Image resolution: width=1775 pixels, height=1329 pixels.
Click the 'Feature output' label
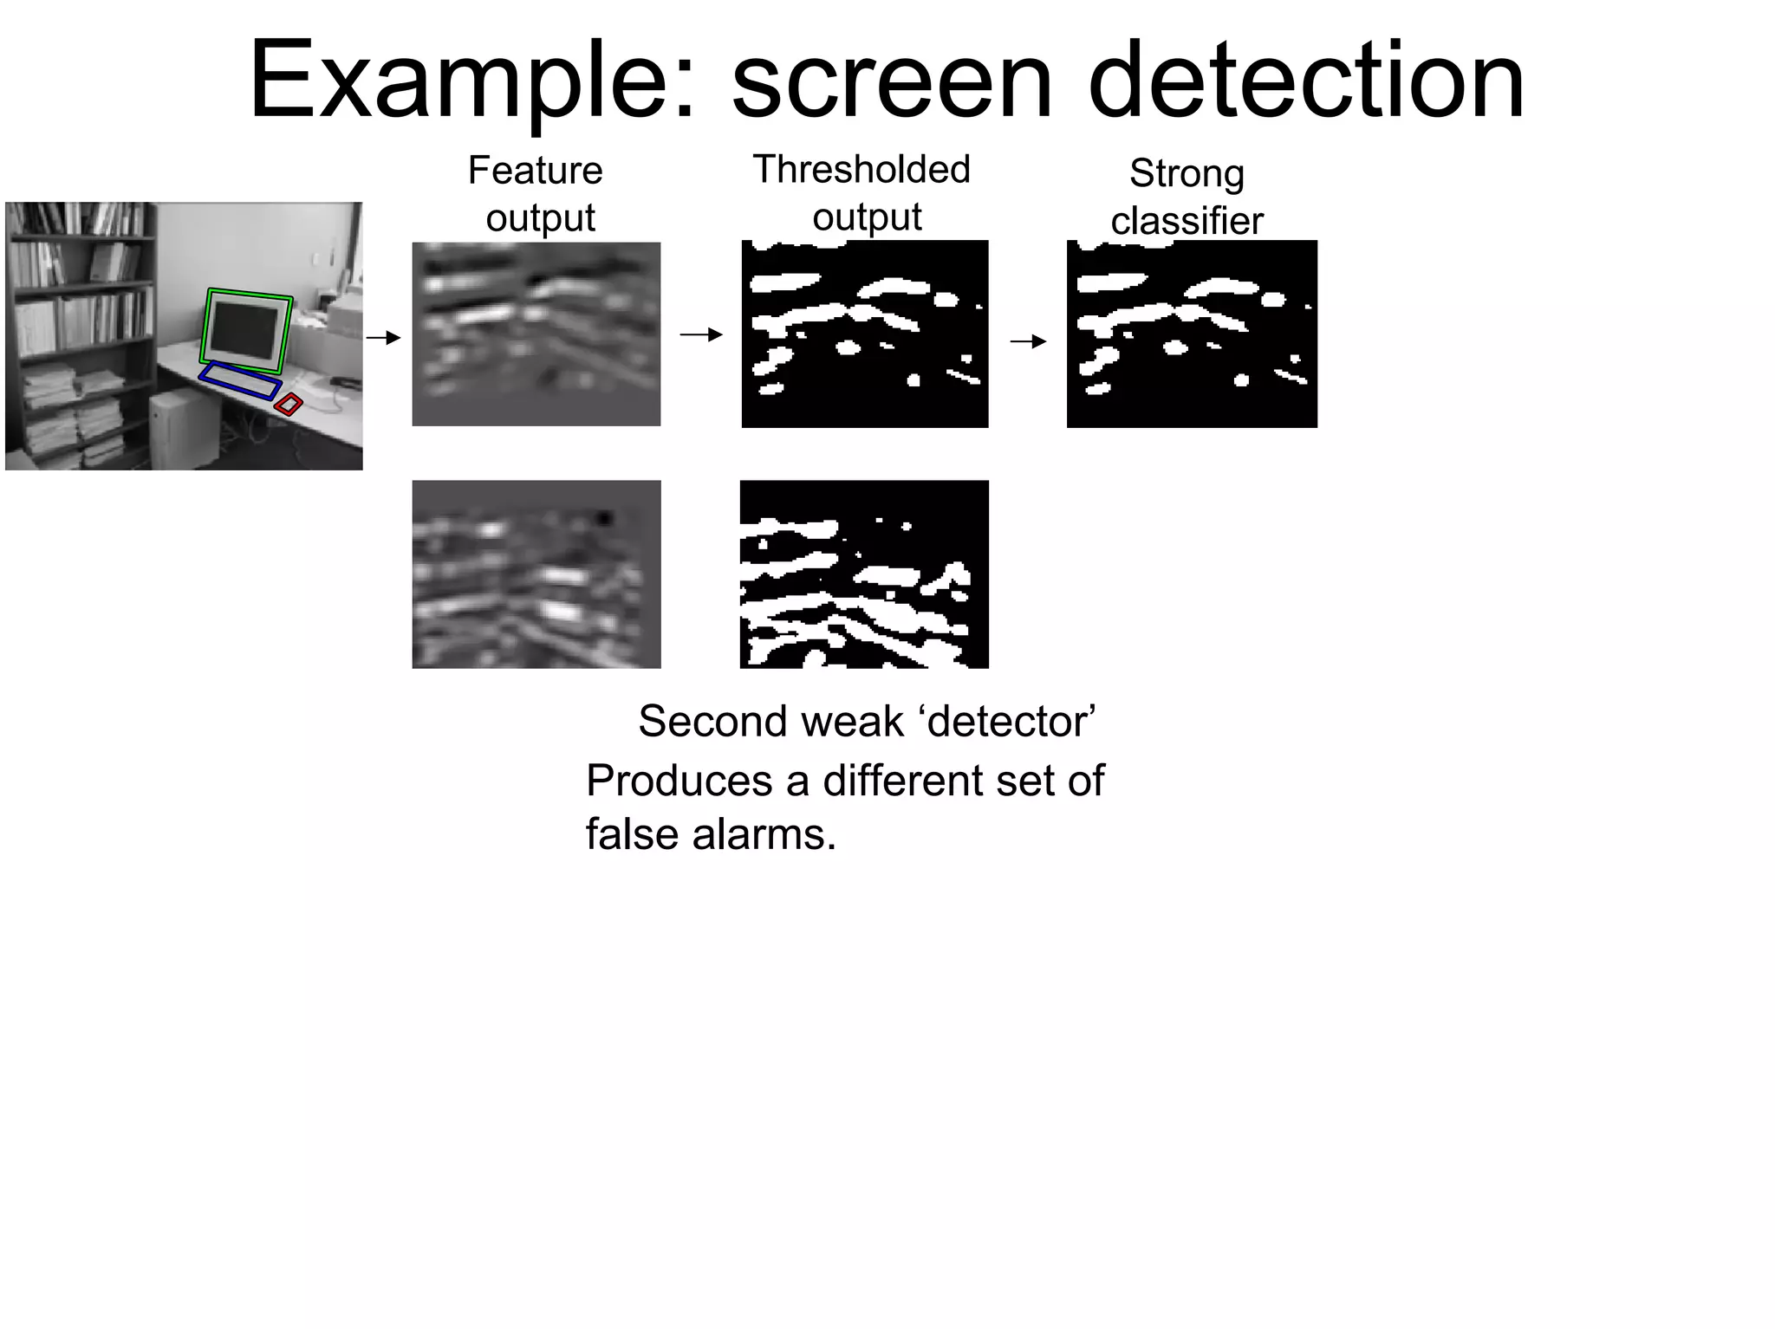(x=536, y=193)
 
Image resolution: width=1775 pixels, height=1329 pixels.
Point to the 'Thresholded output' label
(x=861, y=192)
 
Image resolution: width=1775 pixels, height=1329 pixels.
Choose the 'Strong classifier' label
(x=1187, y=197)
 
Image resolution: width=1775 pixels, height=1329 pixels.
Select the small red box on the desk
(x=289, y=404)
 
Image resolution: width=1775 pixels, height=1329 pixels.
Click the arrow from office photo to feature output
(x=383, y=337)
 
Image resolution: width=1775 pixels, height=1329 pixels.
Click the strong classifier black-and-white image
(x=1192, y=334)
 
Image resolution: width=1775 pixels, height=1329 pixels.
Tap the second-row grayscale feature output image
(x=536, y=574)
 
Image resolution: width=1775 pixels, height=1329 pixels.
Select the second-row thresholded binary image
(x=863, y=574)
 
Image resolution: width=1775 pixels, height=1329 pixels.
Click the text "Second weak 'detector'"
(x=867, y=721)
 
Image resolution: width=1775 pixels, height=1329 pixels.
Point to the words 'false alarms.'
(x=711, y=834)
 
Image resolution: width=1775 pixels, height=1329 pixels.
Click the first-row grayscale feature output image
(x=536, y=334)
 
